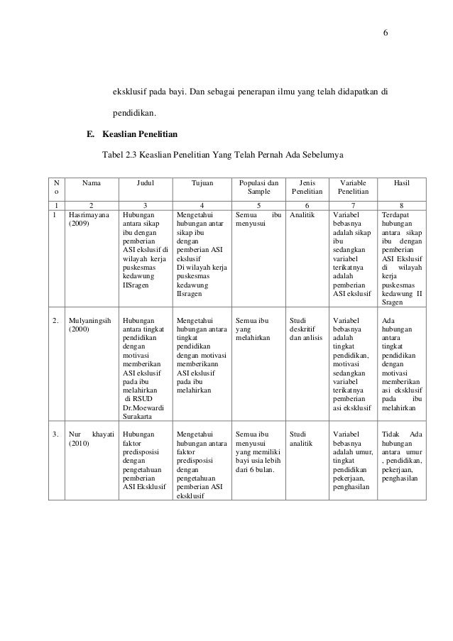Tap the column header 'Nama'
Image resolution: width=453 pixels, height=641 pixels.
(x=91, y=182)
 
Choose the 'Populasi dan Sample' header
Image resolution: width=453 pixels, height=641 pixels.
(x=258, y=187)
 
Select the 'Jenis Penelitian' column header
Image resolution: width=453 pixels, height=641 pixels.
(x=307, y=187)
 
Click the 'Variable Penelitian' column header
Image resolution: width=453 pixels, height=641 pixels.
(x=353, y=187)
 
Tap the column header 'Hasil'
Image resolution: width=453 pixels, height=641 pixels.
(x=402, y=182)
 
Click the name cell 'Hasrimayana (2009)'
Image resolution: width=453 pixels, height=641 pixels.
(x=89, y=218)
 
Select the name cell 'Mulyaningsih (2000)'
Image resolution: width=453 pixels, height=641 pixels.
(x=89, y=325)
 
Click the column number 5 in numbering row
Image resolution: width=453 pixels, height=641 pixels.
(x=258, y=203)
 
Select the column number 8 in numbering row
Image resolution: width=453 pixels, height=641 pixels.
(x=402, y=203)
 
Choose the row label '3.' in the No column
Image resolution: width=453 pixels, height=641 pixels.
(x=57, y=432)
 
